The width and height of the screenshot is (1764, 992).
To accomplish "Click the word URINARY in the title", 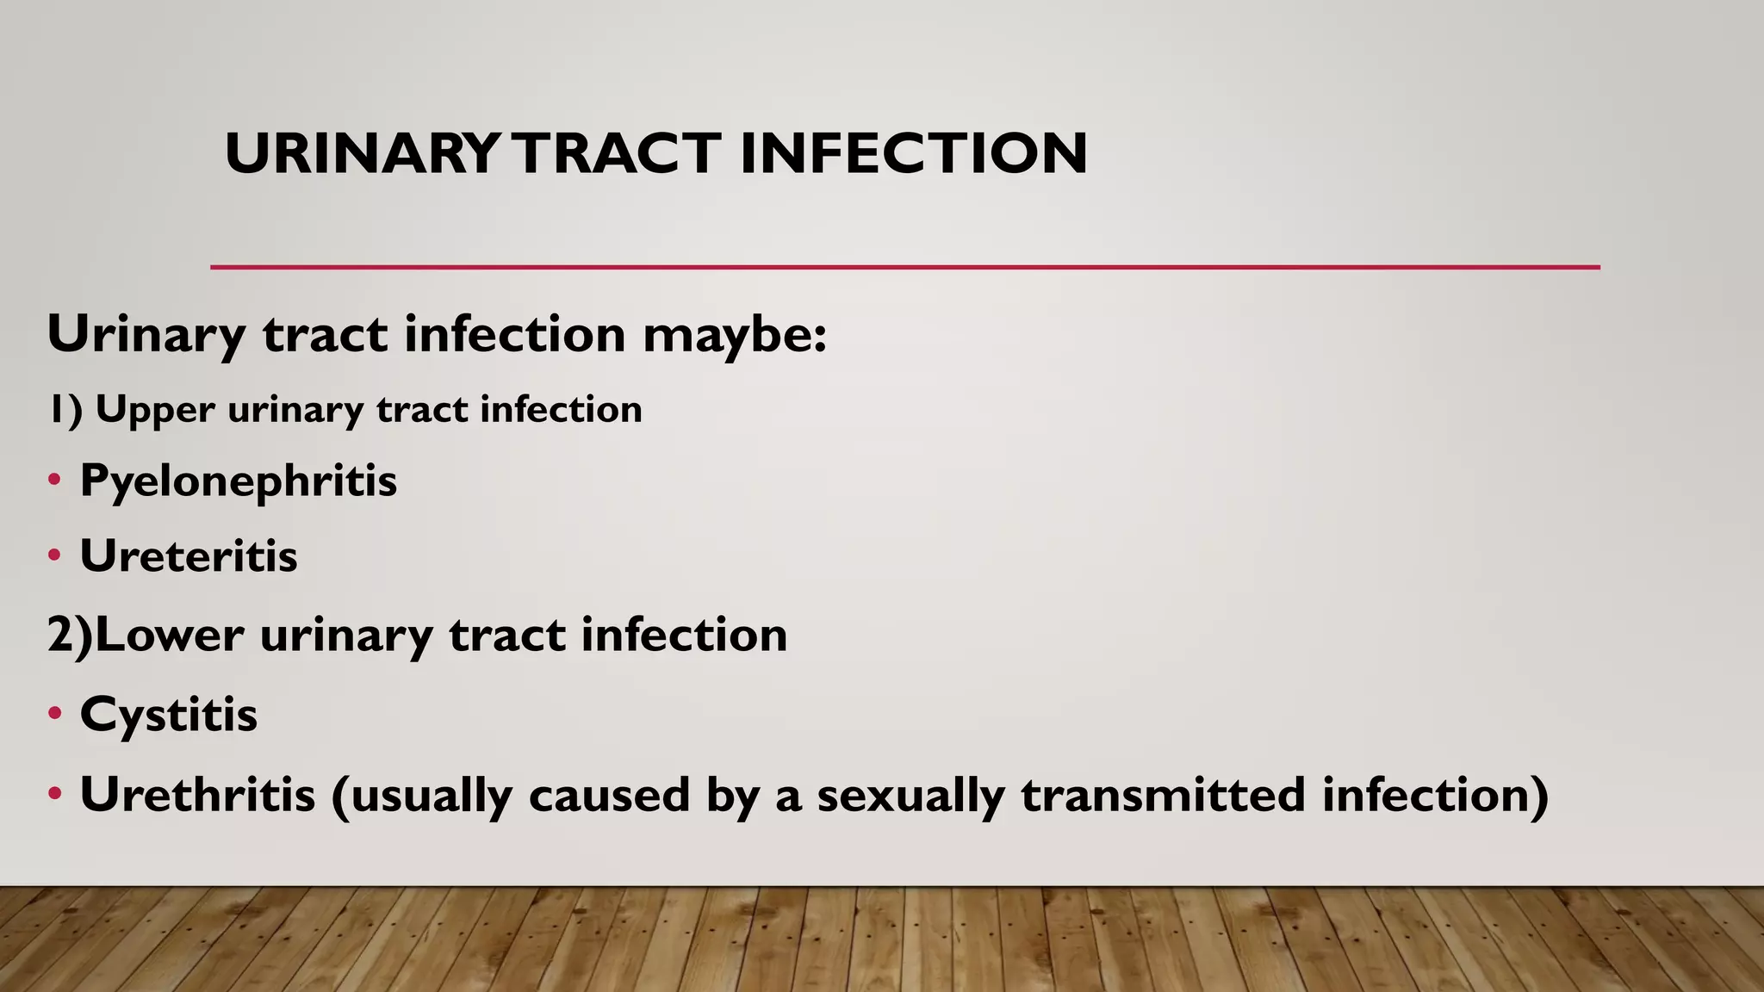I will point(361,154).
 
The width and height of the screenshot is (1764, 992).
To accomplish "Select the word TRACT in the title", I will point(618,154).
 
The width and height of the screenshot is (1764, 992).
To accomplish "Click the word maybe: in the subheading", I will point(735,335).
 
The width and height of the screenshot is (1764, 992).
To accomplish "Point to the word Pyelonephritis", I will point(239,481).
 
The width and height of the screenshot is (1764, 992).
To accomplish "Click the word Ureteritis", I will point(189,555).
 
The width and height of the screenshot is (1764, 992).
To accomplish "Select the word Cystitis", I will point(169,715).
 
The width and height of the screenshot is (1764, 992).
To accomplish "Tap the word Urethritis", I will point(197,794).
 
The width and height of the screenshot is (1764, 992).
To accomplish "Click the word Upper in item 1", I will point(155,410).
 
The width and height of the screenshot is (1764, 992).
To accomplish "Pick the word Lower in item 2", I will point(170,635).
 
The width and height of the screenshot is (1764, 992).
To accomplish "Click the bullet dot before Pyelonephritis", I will point(54,480).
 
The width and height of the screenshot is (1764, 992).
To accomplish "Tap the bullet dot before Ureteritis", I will point(54,555).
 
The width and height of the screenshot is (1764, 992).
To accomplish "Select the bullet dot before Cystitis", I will point(54,714).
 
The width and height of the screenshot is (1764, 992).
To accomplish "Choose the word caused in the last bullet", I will point(609,794).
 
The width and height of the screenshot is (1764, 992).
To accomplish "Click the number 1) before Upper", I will point(65,410).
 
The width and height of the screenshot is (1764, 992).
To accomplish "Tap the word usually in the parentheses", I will point(432,796).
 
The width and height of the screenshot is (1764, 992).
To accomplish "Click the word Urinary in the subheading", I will point(146,335).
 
